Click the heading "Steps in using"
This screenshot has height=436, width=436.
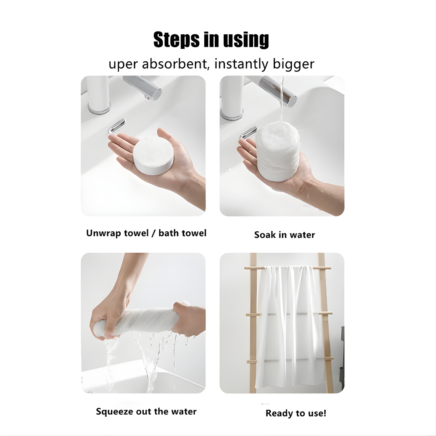(x=211, y=40)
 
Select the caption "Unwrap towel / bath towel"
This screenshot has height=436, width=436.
(x=146, y=233)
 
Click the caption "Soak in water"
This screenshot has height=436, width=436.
(x=285, y=235)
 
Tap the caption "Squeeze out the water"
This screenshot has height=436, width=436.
(x=146, y=411)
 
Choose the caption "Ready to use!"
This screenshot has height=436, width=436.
(x=296, y=413)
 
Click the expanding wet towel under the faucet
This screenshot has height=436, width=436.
(x=278, y=151)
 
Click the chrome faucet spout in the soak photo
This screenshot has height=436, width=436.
(x=278, y=90)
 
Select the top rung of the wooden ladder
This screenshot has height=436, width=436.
(x=288, y=268)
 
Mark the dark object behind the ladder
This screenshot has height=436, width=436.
(x=342, y=359)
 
